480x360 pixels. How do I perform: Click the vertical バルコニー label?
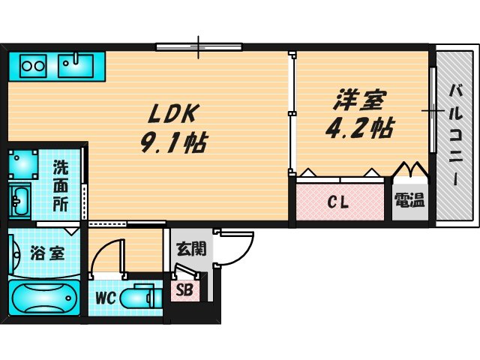click(454, 134)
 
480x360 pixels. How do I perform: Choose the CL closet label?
click(340, 202)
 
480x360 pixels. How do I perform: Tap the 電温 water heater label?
click(409, 201)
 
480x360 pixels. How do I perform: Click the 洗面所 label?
click(61, 184)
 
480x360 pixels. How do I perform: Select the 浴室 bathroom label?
click(47, 253)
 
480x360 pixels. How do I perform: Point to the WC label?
click(104, 298)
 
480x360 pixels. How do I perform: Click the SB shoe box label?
click(184, 290)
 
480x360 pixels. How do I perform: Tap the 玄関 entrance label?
click(188, 249)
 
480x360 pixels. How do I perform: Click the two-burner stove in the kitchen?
click(32, 65)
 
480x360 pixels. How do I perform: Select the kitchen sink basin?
click(75, 65)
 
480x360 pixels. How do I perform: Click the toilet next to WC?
click(142, 298)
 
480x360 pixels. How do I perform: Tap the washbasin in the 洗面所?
click(20, 201)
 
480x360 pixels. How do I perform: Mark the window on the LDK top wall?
click(199, 47)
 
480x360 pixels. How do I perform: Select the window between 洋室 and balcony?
click(433, 110)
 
